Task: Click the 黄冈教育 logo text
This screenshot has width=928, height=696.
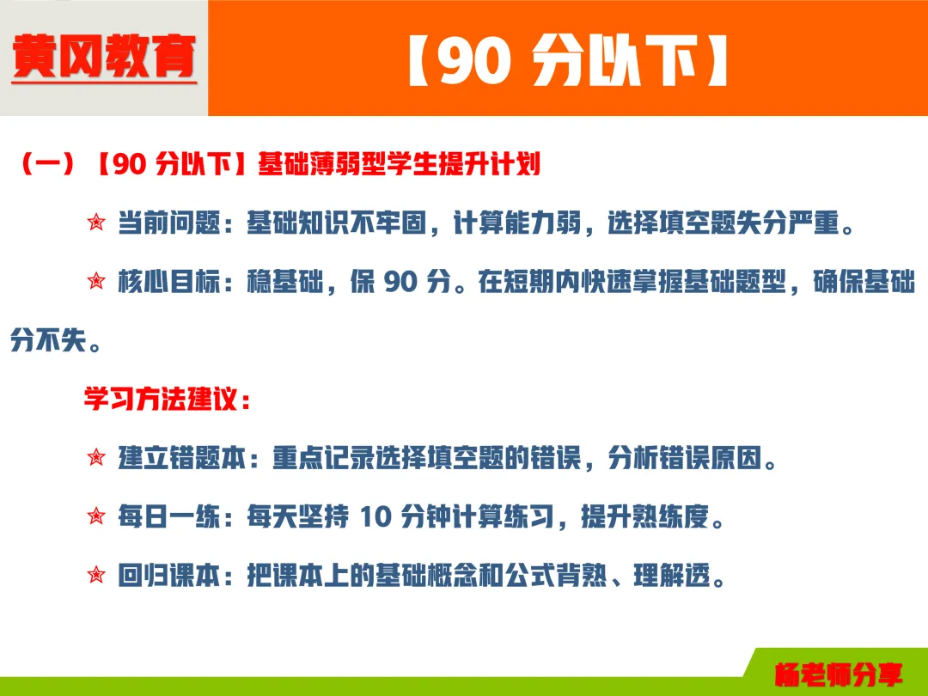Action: pos(104,58)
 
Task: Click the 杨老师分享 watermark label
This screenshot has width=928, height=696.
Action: pos(838,674)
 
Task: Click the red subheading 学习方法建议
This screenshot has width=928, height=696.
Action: pos(162,400)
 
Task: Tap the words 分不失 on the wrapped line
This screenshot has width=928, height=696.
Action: pos(48,341)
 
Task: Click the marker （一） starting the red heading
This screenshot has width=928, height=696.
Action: pos(46,165)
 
